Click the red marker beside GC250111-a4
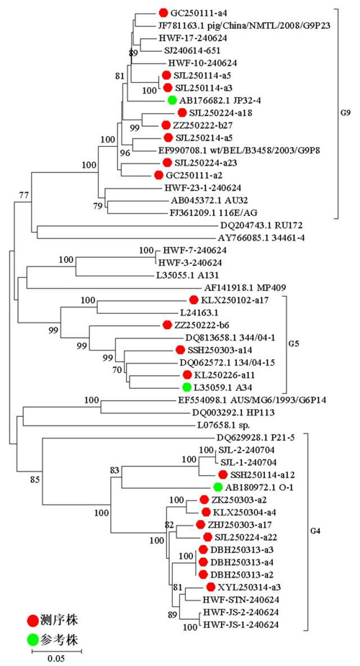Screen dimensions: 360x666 tap(163, 13)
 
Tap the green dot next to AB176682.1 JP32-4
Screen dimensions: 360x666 tap(171, 100)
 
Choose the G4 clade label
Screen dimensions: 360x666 tap(317, 531)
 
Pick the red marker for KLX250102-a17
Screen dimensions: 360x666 tap(194, 300)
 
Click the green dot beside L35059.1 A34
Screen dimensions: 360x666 tap(186, 387)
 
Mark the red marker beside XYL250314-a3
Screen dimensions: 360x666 tap(210, 587)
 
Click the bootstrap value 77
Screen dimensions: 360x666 tap(22, 195)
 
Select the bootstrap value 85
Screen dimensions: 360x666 tap(35, 480)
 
